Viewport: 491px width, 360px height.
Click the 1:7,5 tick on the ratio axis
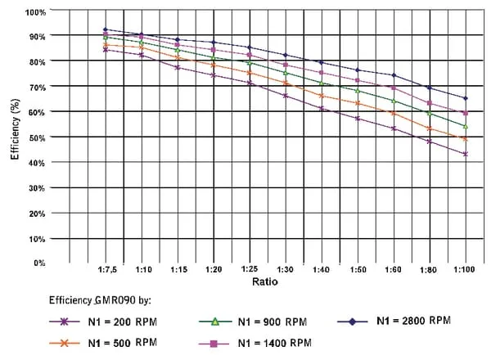pyautogui.click(x=105, y=269)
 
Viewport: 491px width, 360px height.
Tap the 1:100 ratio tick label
pyautogui.click(x=465, y=269)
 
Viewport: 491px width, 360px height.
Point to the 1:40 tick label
pyautogui.click(x=321, y=269)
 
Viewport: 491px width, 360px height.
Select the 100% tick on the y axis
pyautogui.click(x=36, y=12)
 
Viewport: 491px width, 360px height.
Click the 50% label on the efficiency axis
pyautogui.click(x=38, y=137)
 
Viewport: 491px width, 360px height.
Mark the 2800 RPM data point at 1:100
pyautogui.click(x=465, y=98)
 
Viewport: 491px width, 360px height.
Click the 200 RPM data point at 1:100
pyautogui.click(x=465, y=154)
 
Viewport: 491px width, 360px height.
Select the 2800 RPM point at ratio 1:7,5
pyautogui.click(x=105, y=29)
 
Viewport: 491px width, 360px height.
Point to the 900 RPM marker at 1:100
pyautogui.click(x=465, y=126)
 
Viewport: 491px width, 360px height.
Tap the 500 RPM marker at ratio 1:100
pyautogui.click(x=465, y=139)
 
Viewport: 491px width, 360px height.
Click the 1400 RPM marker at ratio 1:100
pyautogui.click(x=465, y=113)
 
